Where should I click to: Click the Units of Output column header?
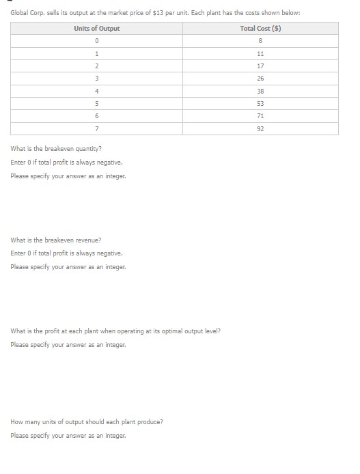[96, 28]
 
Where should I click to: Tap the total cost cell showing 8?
[260, 41]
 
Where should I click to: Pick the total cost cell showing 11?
[260, 53]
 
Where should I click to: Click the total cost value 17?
[260, 66]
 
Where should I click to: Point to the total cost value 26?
[260, 79]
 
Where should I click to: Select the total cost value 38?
[260, 91]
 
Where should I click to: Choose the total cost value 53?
[260, 104]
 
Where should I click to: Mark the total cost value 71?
[260, 116]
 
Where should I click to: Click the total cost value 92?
[260, 128]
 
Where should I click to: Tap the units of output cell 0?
[97, 41]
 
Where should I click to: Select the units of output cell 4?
[97, 91]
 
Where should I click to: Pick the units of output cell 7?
[97, 128]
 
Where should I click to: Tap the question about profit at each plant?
[115, 331]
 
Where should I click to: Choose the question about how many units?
[87, 422]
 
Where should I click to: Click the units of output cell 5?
[97, 104]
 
